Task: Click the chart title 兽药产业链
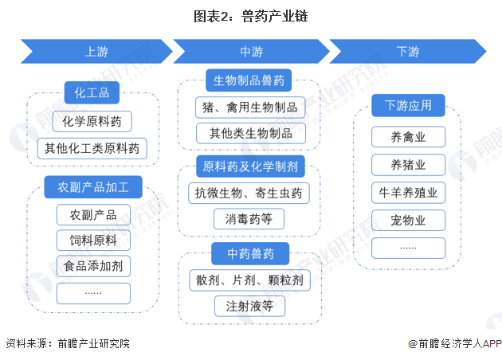(251, 15)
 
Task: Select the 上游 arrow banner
(96, 52)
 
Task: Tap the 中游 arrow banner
(251, 52)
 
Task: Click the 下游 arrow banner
(407, 52)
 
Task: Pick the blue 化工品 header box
(92, 93)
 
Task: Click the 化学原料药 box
(92, 122)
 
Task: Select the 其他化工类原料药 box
(92, 148)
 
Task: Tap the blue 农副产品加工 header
(93, 188)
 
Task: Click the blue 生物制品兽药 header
(249, 80)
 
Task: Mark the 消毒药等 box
(249, 218)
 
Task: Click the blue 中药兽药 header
(249, 254)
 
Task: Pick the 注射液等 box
(249, 306)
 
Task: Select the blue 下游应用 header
(408, 105)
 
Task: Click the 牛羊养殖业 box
(408, 193)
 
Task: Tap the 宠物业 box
(408, 220)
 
